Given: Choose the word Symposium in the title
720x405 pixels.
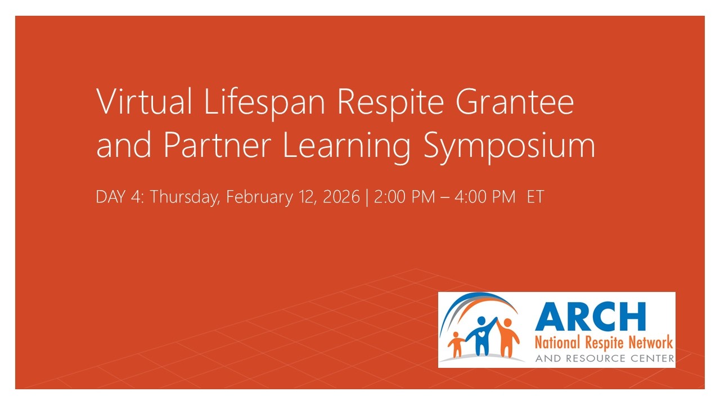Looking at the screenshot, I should [x=509, y=146].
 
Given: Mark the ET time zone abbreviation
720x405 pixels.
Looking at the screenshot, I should [x=535, y=197].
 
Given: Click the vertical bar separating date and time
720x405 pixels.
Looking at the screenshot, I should [x=367, y=197].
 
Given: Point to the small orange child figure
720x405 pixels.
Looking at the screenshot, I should [x=457, y=344].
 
